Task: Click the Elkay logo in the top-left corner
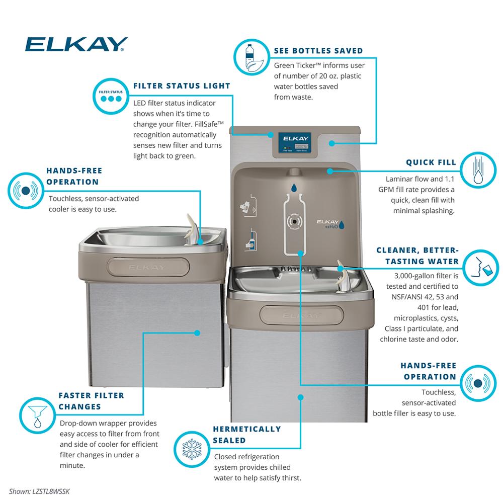[76, 44]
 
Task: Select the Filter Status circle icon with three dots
[111, 96]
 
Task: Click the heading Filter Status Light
[182, 86]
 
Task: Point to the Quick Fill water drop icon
[478, 170]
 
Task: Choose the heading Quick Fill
[431, 162]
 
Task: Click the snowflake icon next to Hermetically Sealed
[192, 449]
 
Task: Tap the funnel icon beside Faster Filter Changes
[38, 415]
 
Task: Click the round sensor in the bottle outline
[294, 221]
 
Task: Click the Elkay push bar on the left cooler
[148, 267]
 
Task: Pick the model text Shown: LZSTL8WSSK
[39, 491]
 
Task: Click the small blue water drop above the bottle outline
[294, 188]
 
